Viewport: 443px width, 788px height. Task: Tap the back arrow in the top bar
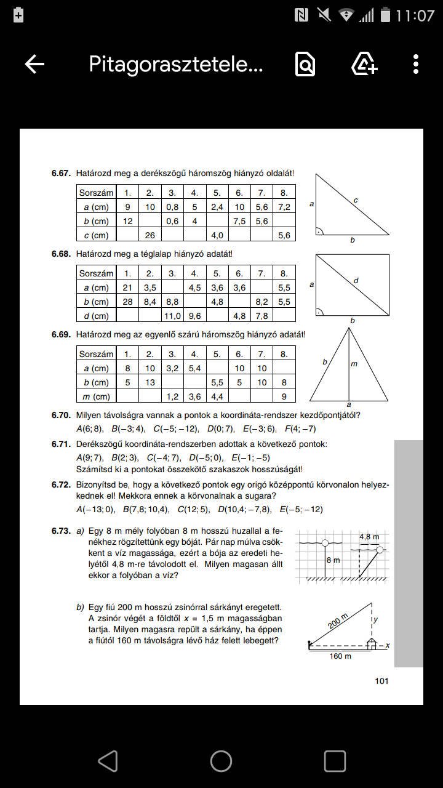click(34, 64)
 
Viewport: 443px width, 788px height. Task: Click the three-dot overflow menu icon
click(416, 64)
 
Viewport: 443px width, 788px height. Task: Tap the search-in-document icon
click(305, 64)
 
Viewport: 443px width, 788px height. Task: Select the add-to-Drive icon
click(364, 64)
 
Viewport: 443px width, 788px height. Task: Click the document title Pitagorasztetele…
click(176, 64)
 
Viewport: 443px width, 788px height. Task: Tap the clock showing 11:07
click(415, 15)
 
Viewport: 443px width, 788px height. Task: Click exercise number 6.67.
click(62, 174)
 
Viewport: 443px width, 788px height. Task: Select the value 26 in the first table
click(150, 235)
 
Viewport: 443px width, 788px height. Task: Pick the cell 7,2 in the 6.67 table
click(284, 207)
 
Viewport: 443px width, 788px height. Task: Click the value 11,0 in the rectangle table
click(172, 316)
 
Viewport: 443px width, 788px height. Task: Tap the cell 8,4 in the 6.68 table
click(150, 302)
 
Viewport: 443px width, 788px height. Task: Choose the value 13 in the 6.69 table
click(150, 382)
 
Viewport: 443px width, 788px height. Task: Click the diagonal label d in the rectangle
click(356, 281)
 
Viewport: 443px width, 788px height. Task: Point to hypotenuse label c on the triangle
click(356, 200)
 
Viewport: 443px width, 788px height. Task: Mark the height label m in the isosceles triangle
click(354, 364)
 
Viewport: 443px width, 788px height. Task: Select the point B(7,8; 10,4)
click(144, 509)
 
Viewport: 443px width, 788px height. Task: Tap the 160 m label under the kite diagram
click(340, 656)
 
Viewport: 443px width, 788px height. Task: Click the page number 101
click(381, 680)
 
